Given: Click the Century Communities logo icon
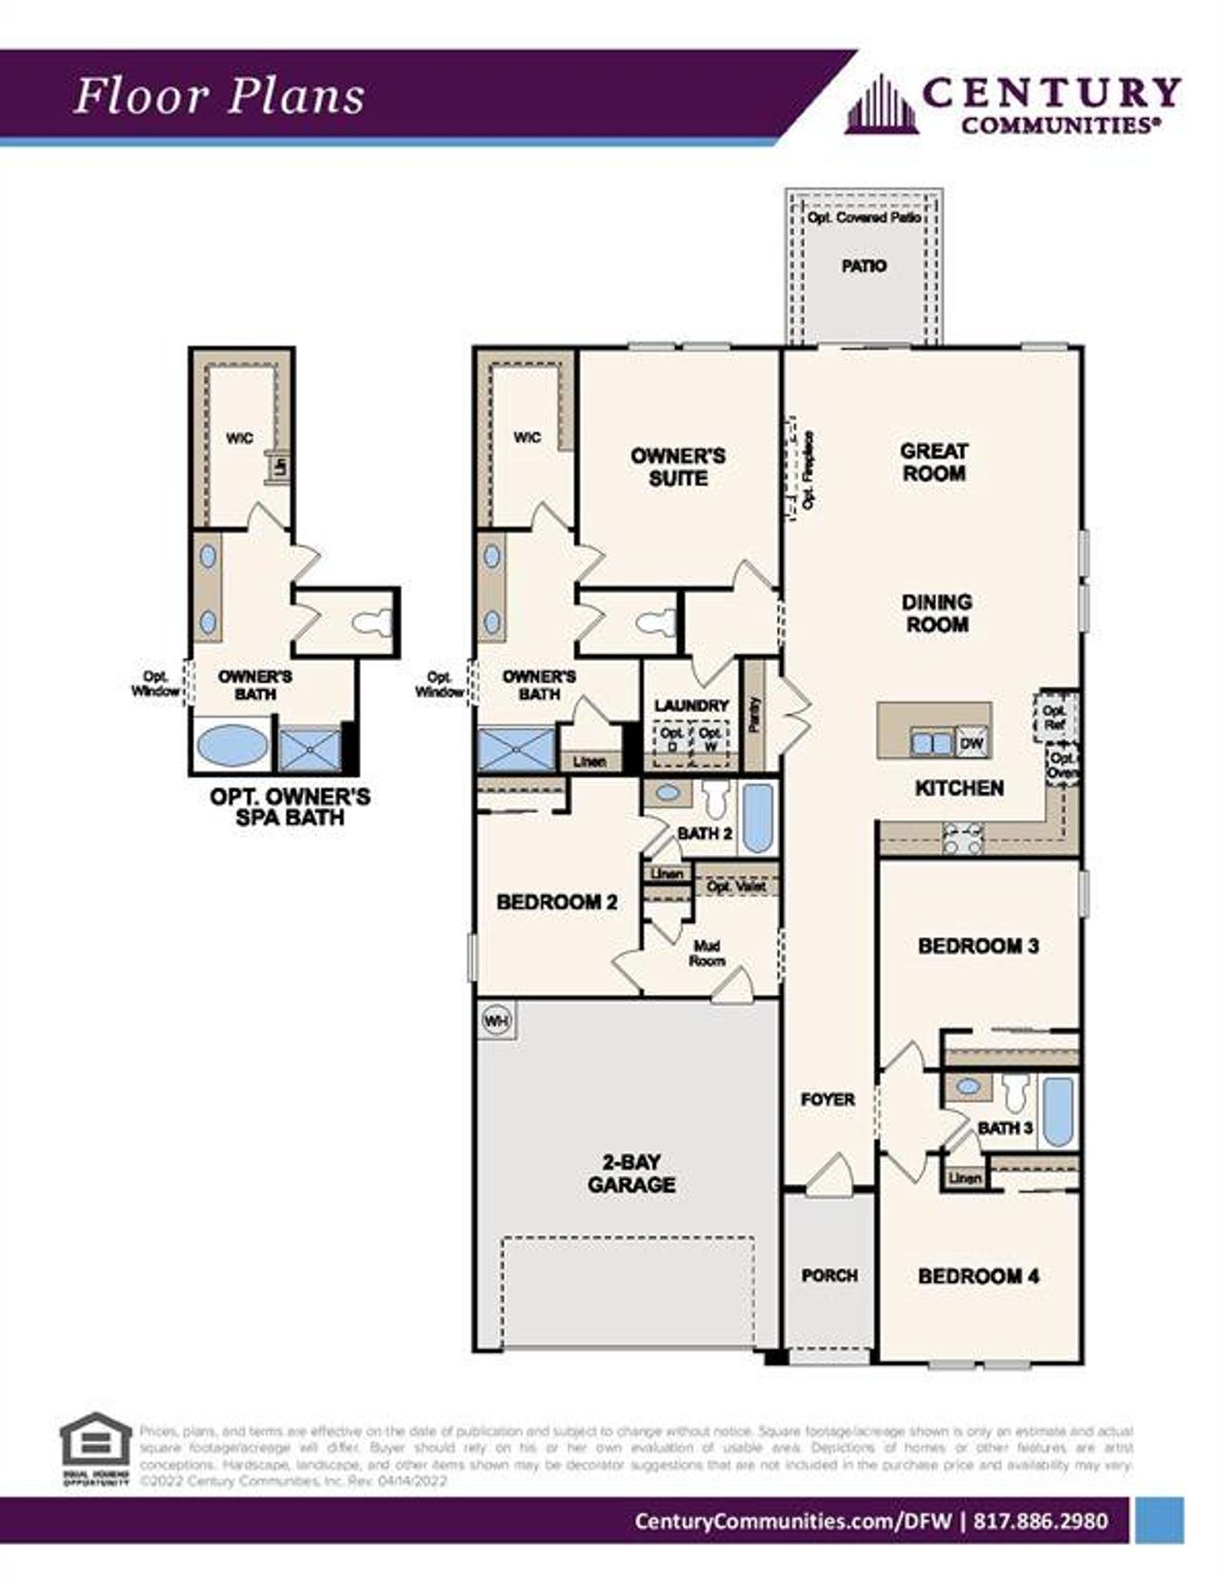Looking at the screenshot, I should click(x=882, y=105).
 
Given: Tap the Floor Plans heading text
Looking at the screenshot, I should click(x=219, y=96).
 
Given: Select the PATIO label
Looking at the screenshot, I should click(x=864, y=266).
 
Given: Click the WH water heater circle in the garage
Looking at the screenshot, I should click(x=496, y=1021).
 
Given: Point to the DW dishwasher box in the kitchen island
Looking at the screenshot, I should click(x=971, y=743).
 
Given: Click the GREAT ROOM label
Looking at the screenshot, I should click(x=933, y=462).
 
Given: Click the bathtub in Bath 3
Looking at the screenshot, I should click(x=1057, y=1110).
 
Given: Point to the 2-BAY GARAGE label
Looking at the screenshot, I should click(x=631, y=1173).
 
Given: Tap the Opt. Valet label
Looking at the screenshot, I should click(x=736, y=886).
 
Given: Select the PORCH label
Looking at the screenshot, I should click(x=829, y=1275).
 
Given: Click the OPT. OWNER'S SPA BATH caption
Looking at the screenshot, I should click(x=290, y=807).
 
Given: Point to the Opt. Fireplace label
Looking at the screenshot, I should click(x=809, y=470).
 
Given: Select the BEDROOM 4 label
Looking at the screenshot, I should click(x=978, y=1276).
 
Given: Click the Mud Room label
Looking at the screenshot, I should click(x=707, y=953).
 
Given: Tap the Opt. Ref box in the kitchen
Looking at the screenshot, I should click(x=1053, y=717).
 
